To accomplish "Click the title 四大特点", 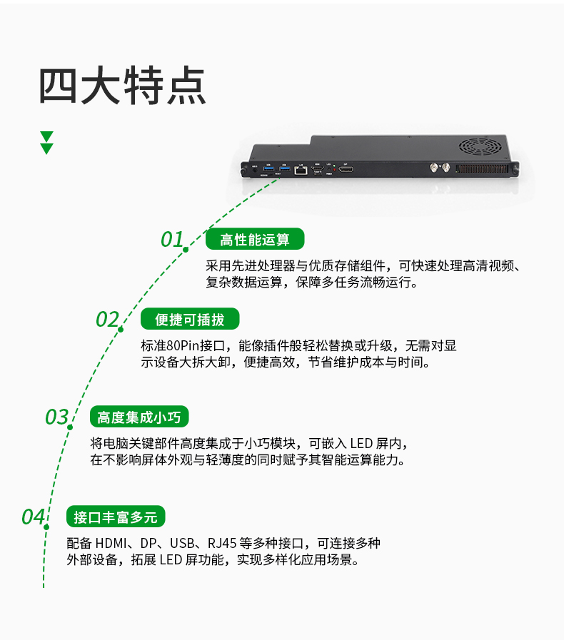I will pos(122,86).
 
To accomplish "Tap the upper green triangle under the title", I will pos(47,136).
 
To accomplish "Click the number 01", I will pos(172,240).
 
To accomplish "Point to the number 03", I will pos(56,417).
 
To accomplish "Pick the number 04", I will pos(33,517).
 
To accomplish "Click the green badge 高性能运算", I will pos(255,239).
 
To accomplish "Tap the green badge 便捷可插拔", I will pos(188,319).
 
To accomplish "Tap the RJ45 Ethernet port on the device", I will pos(301,170).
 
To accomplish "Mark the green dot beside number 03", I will pos(71,427).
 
